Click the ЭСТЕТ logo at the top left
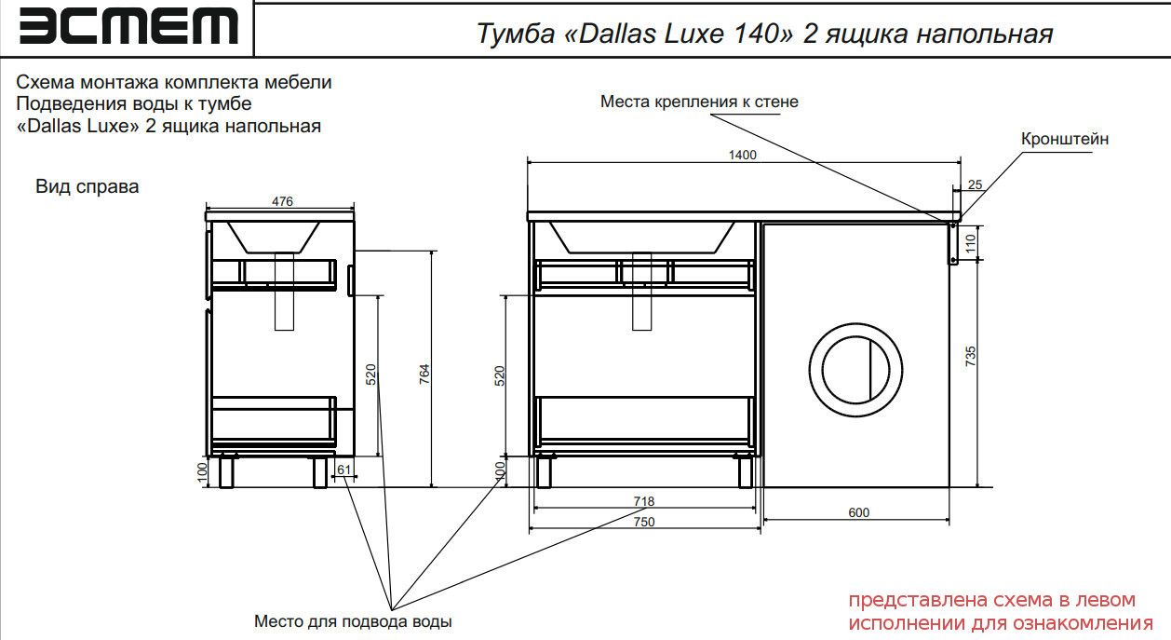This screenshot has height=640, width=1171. (128, 26)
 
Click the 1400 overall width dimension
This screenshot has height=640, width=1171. (742, 155)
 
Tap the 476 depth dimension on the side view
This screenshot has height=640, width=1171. (282, 201)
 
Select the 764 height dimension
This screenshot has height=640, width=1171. (424, 374)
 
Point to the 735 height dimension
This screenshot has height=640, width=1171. (970, 356)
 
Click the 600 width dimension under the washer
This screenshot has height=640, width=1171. (858, 512)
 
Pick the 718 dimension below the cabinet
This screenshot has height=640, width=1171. (643, 501)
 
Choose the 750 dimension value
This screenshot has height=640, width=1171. (643, 522)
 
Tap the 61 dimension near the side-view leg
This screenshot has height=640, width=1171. (343, 470)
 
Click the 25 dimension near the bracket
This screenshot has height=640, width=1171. (975, 184)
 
